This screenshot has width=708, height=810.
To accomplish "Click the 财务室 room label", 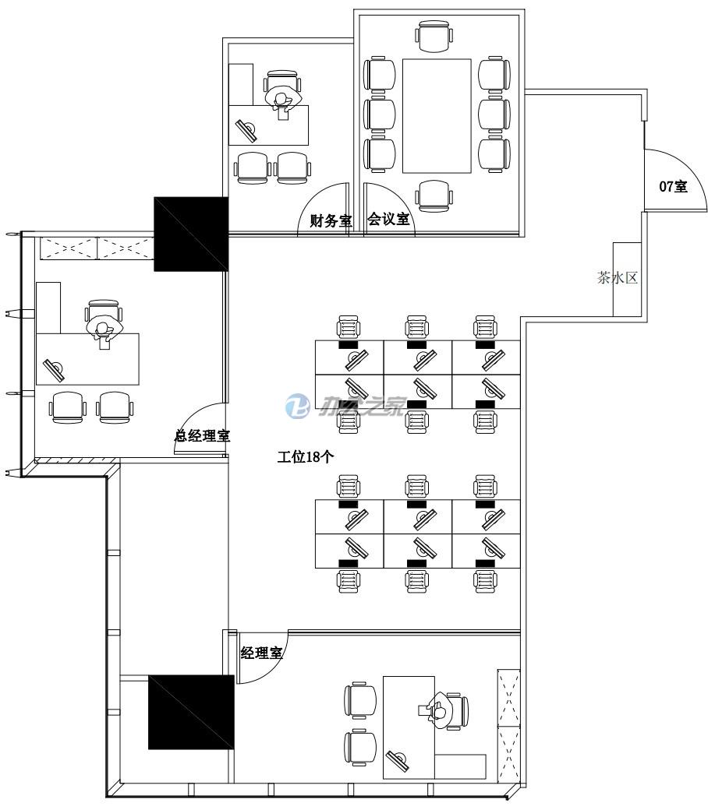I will click(x=331, y=220).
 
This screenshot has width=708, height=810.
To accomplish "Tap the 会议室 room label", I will click(x=388, y=220).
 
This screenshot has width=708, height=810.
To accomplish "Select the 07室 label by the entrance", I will click(x=673, y=186).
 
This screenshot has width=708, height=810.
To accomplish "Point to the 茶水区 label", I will click(x=618, y=278).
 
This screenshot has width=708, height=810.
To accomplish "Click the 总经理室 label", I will click(x=202, y=436).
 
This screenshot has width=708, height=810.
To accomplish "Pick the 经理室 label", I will click(x=261, y=653).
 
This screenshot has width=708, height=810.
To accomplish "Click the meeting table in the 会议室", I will click(x=437, y=115).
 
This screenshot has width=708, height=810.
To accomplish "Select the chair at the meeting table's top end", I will click(x=434, y=36).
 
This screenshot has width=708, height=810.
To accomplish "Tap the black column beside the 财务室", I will click(x=190, y=234).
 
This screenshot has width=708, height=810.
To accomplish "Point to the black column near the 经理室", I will click(x=191, y=712).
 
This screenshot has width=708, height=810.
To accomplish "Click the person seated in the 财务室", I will click(x=281, y=100).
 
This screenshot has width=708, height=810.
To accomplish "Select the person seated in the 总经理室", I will click(x=104, y=328).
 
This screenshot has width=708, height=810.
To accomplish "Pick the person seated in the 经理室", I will click(x=439, y=710).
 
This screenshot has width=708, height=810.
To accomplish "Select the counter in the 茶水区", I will click(x=626, y=279).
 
